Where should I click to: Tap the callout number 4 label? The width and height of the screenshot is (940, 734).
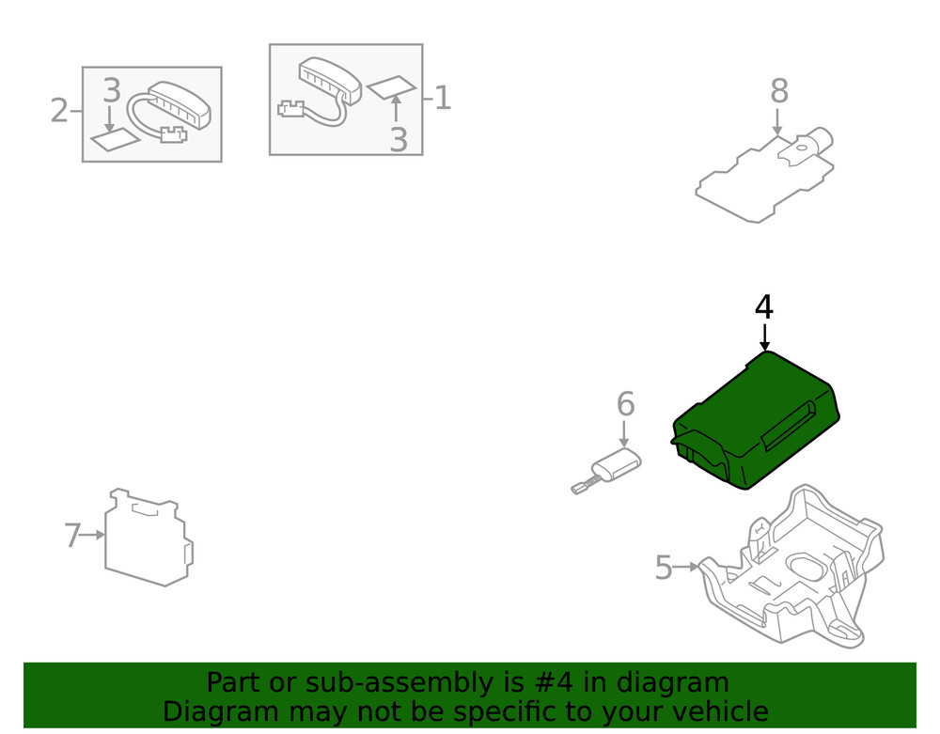764,307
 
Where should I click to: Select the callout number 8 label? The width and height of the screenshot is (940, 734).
778,92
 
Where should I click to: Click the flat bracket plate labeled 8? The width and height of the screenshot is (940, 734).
761,183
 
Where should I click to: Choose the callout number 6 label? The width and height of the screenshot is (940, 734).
625,404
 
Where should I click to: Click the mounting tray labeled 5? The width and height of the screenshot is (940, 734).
794,573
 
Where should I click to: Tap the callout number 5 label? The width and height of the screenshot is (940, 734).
664,568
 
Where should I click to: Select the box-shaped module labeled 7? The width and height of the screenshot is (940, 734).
148,540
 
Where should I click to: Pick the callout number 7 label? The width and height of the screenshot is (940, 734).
72,536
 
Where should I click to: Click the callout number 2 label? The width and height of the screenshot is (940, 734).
59,111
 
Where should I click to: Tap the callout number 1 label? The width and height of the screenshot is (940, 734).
442,97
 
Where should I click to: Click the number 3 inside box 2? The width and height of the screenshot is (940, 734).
111,91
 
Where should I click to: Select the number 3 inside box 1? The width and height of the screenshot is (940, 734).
399,140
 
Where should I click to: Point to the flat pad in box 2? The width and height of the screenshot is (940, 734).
115,141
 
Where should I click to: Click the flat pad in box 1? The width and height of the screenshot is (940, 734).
391,87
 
